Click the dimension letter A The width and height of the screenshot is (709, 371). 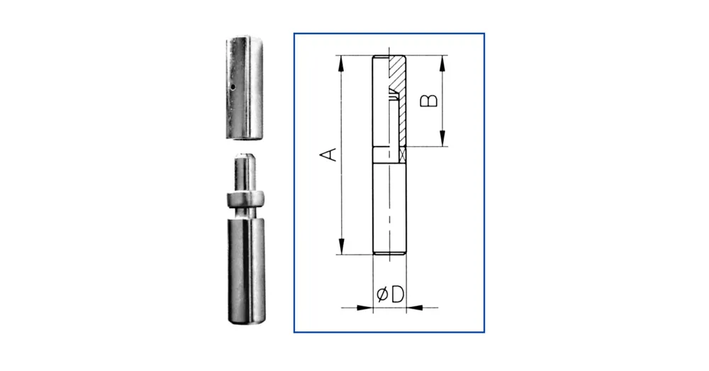pyautogui.click(x=329, y=154)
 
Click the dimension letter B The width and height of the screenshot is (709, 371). pyautogui.click(x=429, y=101)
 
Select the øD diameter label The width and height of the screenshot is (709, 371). pyautogui.click(x=390, y=294)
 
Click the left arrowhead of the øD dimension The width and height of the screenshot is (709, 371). pyautogui.click(x=365, y=308)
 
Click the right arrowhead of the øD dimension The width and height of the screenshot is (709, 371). pyautogui.click(x=414, y=308)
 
